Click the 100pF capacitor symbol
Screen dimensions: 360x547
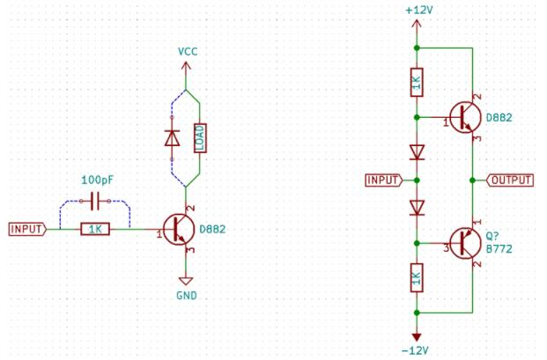pyautogui.click(x=95, y=202)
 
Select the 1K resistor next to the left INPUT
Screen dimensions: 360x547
pyautogui.click(x=94, y=229)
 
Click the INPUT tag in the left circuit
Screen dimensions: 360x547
pyautogui.click(x=27, y=229)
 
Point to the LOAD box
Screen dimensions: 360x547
pyautogui.click(x=200, y=138)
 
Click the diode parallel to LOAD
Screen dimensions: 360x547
pyautogui.click(x=173, y=138)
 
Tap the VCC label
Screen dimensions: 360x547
pyautogui.click(x=188, y=51)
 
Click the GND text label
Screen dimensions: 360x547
pyautogui.click(x=187, y=296)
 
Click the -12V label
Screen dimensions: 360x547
pyautogui.click(x=417, y=350)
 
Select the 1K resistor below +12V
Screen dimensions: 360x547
pyautogui.click(x=417, y=84)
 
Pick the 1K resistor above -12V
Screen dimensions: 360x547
pyautogui.click(x=417, y=279)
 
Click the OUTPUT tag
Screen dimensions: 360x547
pyautogui.click(x=510, y=180)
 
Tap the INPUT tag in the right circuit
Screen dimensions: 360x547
pyautogui.click(x=384, y=180)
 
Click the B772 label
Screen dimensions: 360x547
pyautogui.click(x=499, y=249)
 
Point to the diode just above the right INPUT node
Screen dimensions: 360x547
pyautogui.click(x=417, y=152)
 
